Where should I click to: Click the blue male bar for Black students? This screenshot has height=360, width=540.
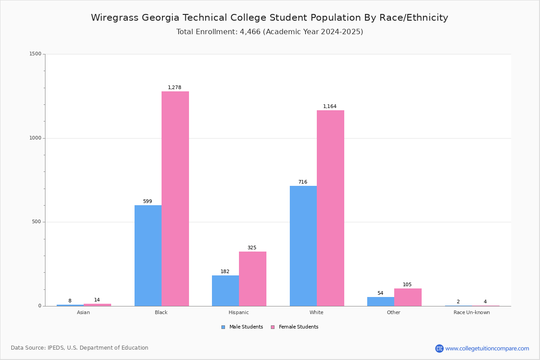tap(148, 256)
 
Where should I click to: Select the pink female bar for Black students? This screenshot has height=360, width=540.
tap(175, 198)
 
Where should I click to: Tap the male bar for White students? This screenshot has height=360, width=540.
tap(303, 246)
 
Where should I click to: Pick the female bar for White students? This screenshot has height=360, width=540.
tap(330, 208)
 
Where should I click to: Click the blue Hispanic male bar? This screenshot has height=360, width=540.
tap(225, 291)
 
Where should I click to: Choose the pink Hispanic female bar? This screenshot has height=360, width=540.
tap(252, 279)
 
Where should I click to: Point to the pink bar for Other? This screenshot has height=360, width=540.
tap(408, 297)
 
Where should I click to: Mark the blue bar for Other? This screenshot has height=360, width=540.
tap(381, 301)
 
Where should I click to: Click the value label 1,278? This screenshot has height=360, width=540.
tap(175, 88)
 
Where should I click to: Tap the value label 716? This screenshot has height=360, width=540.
tap(302, 182)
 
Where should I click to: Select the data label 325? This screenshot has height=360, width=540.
tap(252, 248)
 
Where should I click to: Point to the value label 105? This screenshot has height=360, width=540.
tap(407, 285)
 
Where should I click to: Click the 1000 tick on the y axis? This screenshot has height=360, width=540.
tap(35, 138)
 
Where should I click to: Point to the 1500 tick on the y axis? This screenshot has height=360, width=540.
tap(35, 54)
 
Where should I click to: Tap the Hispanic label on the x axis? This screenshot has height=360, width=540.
tap(238, 312)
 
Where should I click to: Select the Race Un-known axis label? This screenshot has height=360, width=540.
tap(472, 312)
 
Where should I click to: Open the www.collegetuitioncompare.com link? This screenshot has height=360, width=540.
tap(487, 348)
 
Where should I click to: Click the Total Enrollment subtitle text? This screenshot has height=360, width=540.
tap(270, 32)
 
